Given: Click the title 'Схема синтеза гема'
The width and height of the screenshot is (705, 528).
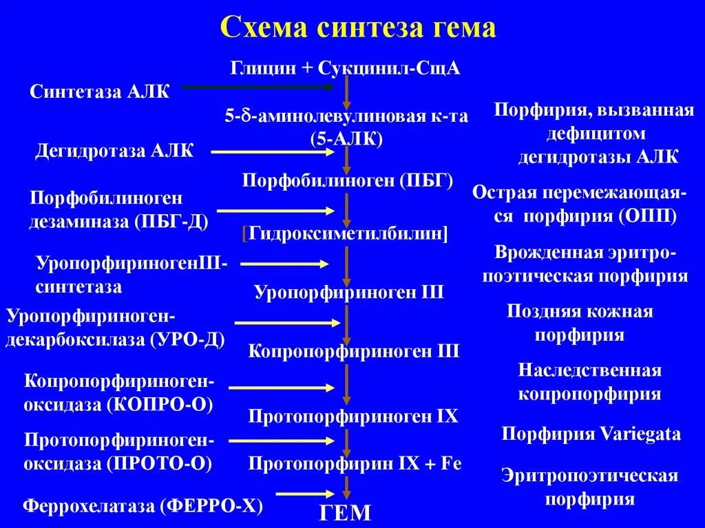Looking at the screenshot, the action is click(x=357, y=28).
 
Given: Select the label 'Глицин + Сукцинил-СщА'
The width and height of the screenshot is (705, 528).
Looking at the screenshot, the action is click(x=345, y=68).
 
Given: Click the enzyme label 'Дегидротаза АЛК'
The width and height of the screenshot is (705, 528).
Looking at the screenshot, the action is click(x=114, y=151).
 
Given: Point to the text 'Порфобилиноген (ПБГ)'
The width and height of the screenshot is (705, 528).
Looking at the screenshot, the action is click(x=348, y=180).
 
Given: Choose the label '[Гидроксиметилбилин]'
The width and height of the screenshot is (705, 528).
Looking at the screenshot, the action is click(x=345, y=233).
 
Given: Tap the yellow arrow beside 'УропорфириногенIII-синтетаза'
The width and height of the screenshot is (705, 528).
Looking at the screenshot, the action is click(x=284, y=264).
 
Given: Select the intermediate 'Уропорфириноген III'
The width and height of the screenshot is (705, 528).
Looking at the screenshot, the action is click(x=349, y=292).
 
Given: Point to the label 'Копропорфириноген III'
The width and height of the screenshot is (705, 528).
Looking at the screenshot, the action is click(x=353, y=351).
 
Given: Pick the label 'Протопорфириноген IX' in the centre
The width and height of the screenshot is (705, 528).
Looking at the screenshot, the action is click(x=352, y=416).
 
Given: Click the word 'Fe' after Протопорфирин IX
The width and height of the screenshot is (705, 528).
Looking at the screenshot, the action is click(x=451, y=463).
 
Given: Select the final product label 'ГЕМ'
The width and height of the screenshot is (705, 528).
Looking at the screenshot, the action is click(x=344, y=513).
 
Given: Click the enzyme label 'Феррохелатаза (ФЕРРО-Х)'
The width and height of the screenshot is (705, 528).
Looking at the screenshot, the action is click(x=144, y=507).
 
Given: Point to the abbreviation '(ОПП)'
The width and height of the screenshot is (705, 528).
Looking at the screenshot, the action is click(x=647, y=216).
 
